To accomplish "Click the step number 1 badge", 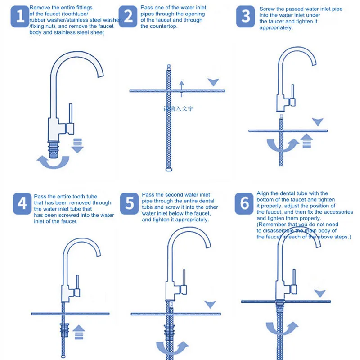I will click(x=20, y=17).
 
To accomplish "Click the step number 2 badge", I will click(x=129, y=17).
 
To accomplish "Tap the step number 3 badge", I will click(x=246, y=17).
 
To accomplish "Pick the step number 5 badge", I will click(x=130, y=203).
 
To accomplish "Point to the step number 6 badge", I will click(x=245, y=203).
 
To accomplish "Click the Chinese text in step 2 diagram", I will click(x=179, y=108).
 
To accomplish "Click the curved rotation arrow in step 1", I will click(x=53, y=161).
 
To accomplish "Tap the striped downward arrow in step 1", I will click(x=77, y=145).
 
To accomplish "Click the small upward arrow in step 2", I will click(x=181, y=85).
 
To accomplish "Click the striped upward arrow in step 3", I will click(x=307, y=141).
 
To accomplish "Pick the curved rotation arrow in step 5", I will click(x=170, y=347).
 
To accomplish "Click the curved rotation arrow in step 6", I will click(x=281, y=328).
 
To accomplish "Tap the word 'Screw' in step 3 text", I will click(x=268, y=9).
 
